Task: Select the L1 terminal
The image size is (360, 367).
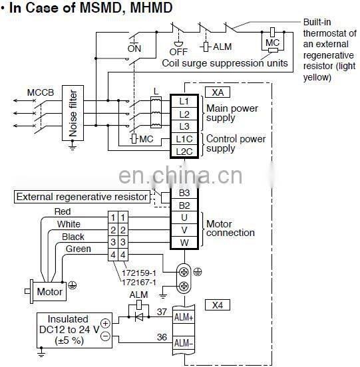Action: click(184, 102)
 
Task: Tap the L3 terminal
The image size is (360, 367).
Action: click(184, 126)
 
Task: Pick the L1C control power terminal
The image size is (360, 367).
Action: click(184, 138)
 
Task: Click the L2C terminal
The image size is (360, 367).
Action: click(184, 151)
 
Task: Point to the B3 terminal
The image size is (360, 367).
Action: click(184, 193)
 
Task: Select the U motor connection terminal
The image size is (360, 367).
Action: click(184, 217)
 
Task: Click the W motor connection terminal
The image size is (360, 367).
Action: click(184, 241)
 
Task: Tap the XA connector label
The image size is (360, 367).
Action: click(216, 92)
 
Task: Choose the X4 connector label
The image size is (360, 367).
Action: click(216, 305)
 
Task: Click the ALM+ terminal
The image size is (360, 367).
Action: click(184, 318)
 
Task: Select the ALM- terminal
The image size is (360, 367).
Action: click(184, 343)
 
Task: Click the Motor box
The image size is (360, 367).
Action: click(49, 291)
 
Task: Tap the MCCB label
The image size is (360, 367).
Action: click(41, 91)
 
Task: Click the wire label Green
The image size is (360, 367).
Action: click(79, 249)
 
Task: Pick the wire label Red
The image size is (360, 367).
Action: click(62, 211)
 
